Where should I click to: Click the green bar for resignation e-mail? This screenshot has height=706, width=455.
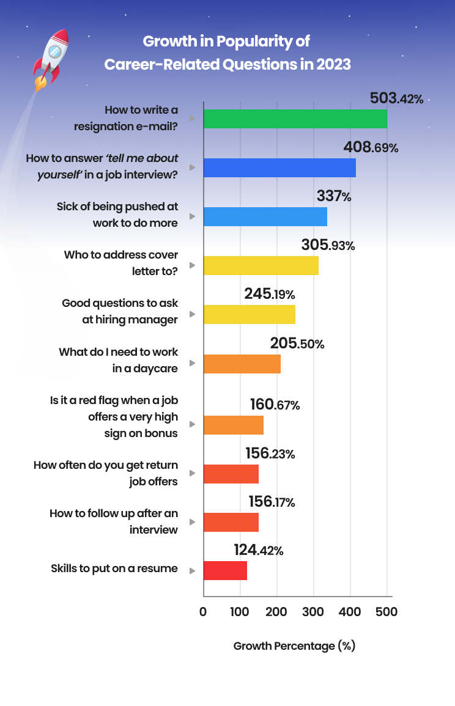295,119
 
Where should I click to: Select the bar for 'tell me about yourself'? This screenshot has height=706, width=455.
279,168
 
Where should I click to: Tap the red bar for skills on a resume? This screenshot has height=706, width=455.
225,570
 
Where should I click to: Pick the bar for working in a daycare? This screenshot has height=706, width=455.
242,364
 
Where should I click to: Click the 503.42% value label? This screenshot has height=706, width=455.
396,98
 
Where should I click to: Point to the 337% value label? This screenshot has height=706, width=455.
334,197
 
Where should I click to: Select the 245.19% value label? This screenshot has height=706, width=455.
270,294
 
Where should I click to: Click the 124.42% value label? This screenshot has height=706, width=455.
258,550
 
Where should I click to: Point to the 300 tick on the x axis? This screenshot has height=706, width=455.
314,612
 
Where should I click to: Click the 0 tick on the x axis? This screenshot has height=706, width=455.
203,612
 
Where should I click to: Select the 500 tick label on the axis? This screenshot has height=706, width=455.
387,612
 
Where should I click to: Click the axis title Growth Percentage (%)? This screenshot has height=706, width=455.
294,646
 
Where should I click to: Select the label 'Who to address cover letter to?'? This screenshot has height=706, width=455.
121,262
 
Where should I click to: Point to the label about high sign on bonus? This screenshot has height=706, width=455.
114,417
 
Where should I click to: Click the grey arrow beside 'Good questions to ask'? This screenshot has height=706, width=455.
192,314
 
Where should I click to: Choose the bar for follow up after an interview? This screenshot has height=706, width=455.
231,523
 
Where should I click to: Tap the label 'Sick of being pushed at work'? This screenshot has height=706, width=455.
117,215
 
